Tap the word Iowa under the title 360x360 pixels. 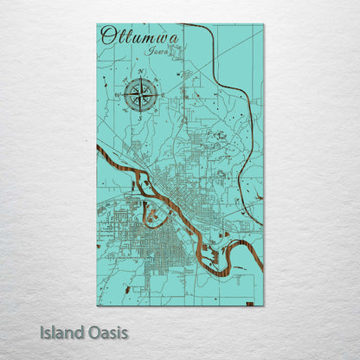[x=157, y=52]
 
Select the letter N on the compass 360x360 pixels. [x=139, y=70]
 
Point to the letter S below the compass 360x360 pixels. [x=139, y=119]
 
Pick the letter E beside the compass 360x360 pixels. [x=163, y=94]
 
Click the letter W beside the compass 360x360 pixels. [x=115, y=94]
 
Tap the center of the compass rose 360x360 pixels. [x=139, y=94]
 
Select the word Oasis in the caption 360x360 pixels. [x=107, y=331]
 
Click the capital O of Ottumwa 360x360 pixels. [x=107, y=35]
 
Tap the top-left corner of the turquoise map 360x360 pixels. [x=98, y=25]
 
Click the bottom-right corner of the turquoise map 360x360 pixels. [x=263, y=305]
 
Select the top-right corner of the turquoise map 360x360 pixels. [x=263, y=25]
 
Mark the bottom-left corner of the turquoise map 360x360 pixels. [x=98, y=305]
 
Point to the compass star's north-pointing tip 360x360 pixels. [x=139, y=78]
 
